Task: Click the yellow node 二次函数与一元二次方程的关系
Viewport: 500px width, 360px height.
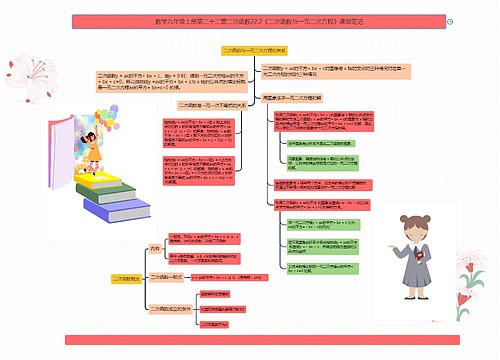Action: tap(253, 48)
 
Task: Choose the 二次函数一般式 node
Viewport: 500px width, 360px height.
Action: tap(168, 276)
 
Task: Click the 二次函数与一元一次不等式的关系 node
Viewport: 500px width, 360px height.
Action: tap(213, 104)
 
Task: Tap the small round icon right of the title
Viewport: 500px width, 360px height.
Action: tap(450, 20)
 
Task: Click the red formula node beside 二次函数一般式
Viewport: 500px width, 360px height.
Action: tap(229, 276)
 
